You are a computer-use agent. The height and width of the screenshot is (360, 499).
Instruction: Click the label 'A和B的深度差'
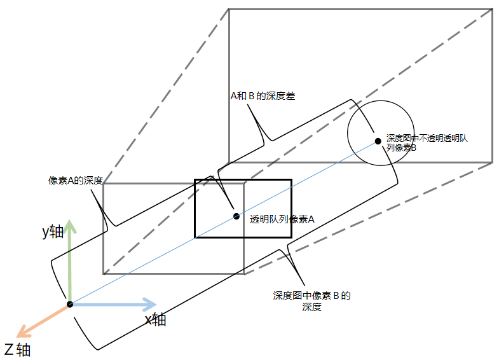262,97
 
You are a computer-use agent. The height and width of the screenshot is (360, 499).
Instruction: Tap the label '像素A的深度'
76,180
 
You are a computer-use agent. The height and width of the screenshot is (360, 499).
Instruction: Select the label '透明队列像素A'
282,219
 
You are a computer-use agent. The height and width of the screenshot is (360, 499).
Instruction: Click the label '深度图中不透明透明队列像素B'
427,142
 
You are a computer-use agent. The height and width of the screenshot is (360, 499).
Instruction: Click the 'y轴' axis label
53,232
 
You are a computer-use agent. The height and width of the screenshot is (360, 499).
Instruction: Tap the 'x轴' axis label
155,320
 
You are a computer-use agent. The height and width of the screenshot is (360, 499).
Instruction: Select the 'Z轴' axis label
17,349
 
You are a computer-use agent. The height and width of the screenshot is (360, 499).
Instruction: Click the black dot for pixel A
236,216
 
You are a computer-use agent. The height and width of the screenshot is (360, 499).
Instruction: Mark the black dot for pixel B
378,141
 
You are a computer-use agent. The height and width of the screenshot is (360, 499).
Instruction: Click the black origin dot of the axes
70,304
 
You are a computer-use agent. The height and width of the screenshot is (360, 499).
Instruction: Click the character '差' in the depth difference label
290,97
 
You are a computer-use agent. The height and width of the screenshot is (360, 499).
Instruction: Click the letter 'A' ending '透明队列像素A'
311,219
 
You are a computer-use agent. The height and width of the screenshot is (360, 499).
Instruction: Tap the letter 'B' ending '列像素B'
413,148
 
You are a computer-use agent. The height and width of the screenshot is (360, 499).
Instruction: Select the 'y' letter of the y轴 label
46,233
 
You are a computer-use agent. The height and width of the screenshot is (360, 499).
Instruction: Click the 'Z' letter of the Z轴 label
9,349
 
